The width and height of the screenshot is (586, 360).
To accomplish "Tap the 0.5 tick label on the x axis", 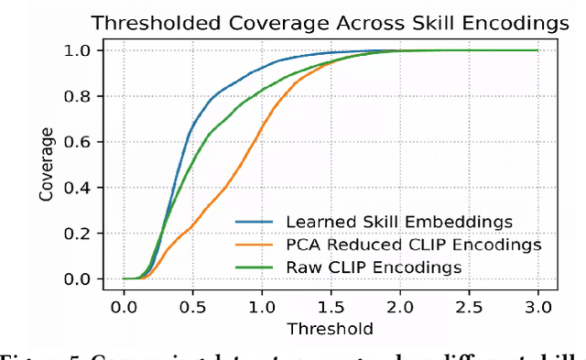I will point(193,303).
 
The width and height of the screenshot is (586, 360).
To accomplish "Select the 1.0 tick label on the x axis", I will point(262,303).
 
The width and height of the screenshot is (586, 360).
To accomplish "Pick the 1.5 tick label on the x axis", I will point(331,303).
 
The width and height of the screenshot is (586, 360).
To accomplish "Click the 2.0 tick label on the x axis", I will point(400,303).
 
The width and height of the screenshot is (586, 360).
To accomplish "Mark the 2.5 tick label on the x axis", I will point(469,303).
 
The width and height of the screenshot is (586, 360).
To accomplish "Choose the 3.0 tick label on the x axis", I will point(537,303).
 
